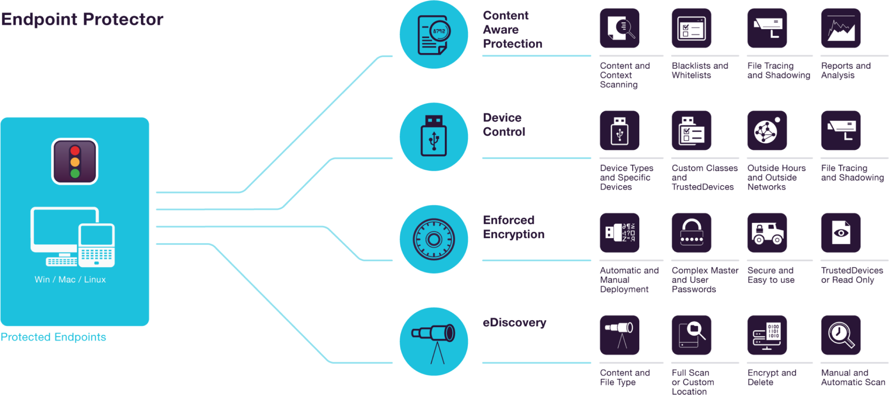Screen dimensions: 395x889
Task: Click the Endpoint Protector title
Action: click(82, 19)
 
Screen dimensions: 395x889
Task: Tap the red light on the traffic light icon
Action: click(75, 151)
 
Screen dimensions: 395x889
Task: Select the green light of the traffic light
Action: click(75, 173)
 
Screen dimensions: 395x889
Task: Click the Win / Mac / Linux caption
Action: click(70, 279)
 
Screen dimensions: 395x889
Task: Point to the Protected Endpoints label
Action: click(53, 337)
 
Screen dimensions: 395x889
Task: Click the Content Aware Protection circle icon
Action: click(433, 35)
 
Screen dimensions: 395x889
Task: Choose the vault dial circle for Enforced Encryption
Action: click(433, 239)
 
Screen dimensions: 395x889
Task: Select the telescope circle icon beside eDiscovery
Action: click(433, 342)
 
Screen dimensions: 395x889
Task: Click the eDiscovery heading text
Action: click(514, 323)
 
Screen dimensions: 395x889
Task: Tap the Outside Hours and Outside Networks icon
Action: click(767, 130)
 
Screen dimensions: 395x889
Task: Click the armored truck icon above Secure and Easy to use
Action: click(767, 233)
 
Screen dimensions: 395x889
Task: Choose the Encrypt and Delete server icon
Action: click(767, 335)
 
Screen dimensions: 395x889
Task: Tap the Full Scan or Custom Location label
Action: click(693, 382)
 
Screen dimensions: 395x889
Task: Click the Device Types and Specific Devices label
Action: click(626, 177)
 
